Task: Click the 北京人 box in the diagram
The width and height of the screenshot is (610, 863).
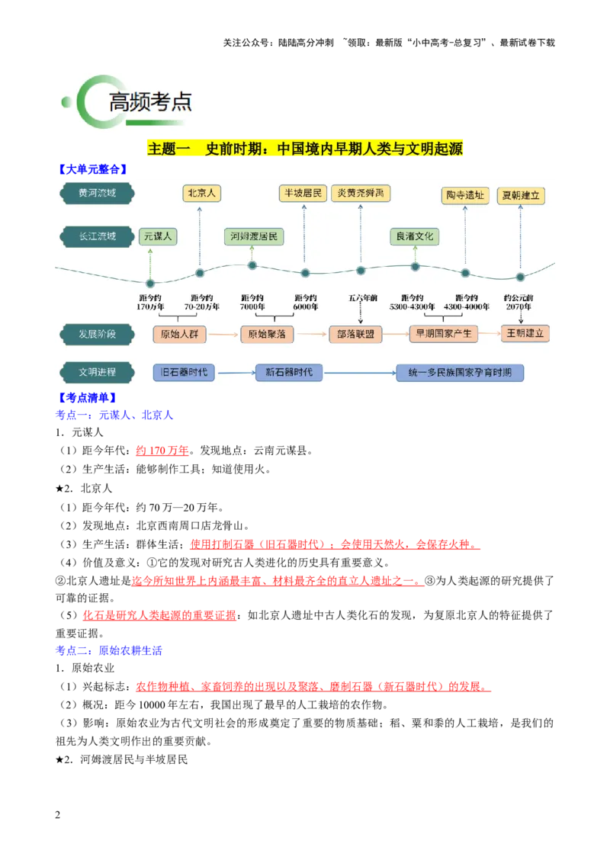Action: point(201,193)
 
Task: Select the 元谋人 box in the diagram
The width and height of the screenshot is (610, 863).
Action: point(158,236)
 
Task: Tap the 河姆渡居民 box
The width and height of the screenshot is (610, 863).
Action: point(254,236)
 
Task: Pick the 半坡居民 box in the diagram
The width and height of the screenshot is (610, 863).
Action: point(303,193)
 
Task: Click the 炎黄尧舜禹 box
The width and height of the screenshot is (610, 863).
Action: point(361,193)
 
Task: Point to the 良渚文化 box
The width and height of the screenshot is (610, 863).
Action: point(415,236)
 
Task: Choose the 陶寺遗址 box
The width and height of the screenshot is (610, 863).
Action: point(465,195)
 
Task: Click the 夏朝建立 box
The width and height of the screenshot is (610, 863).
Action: point(521,195)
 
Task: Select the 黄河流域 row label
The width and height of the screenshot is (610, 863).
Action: point(97,193)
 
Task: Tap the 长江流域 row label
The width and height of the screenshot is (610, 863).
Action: point(97,236)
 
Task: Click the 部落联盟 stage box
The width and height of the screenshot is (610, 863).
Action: point(355,334)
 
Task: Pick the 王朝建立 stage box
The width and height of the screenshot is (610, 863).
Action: point(525,333)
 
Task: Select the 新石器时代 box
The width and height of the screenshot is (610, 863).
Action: point(289,373)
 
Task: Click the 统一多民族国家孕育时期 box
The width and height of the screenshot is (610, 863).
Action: point(460,373)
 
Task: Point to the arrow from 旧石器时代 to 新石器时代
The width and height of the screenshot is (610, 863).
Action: point(236,373)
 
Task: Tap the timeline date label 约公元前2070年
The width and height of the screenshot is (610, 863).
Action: point(518,302)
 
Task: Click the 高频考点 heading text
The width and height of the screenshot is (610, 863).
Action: point(149,102)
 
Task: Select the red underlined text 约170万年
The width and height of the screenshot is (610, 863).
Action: point(162,451)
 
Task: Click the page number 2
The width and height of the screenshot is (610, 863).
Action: point(58,814)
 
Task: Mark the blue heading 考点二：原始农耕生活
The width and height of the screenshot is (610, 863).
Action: point(109,650)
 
